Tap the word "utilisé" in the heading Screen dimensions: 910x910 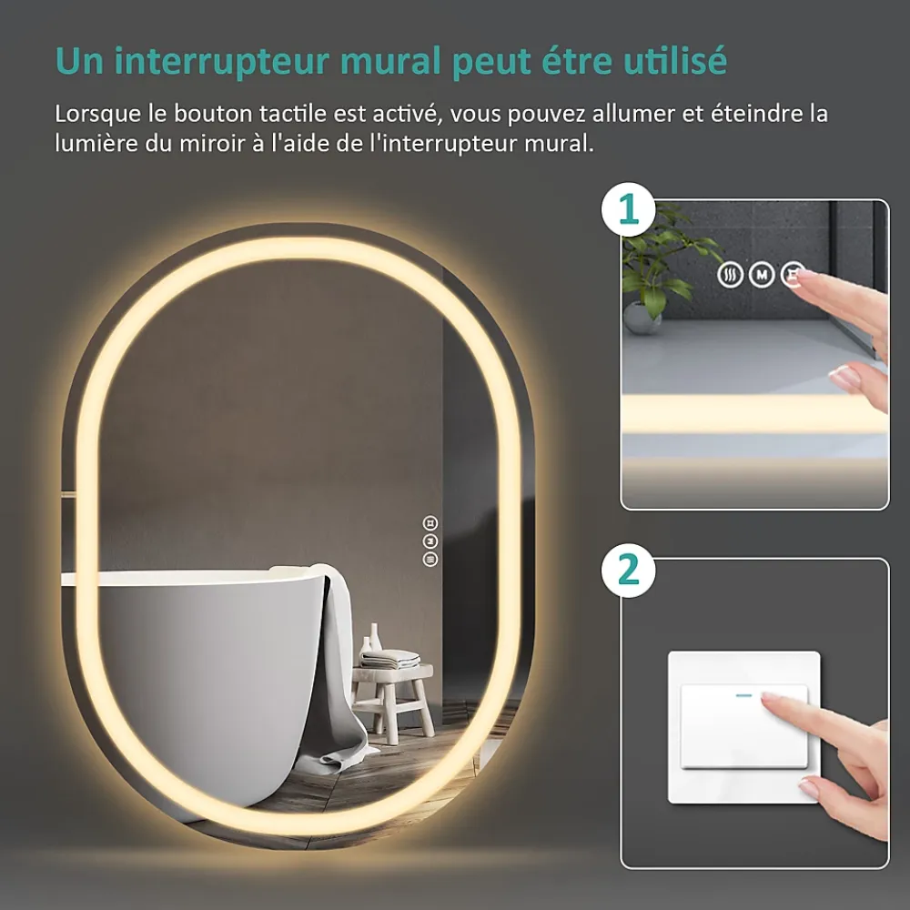coord(675,60)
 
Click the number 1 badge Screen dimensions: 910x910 coord(629,209)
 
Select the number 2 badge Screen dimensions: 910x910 coord(629,571)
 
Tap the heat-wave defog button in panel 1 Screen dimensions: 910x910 coord(730,275)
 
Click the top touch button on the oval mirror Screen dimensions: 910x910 coord(430,523)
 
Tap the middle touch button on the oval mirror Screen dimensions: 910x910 coord(430,541)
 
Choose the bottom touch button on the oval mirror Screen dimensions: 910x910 coord(430,560)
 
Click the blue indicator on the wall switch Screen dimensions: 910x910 coord(743,695)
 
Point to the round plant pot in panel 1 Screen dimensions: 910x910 coord(642,318)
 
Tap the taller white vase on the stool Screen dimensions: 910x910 coord(375,636)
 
